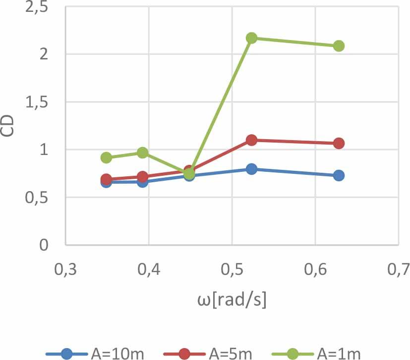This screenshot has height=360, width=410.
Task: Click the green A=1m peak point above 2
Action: tap(251, 38)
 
